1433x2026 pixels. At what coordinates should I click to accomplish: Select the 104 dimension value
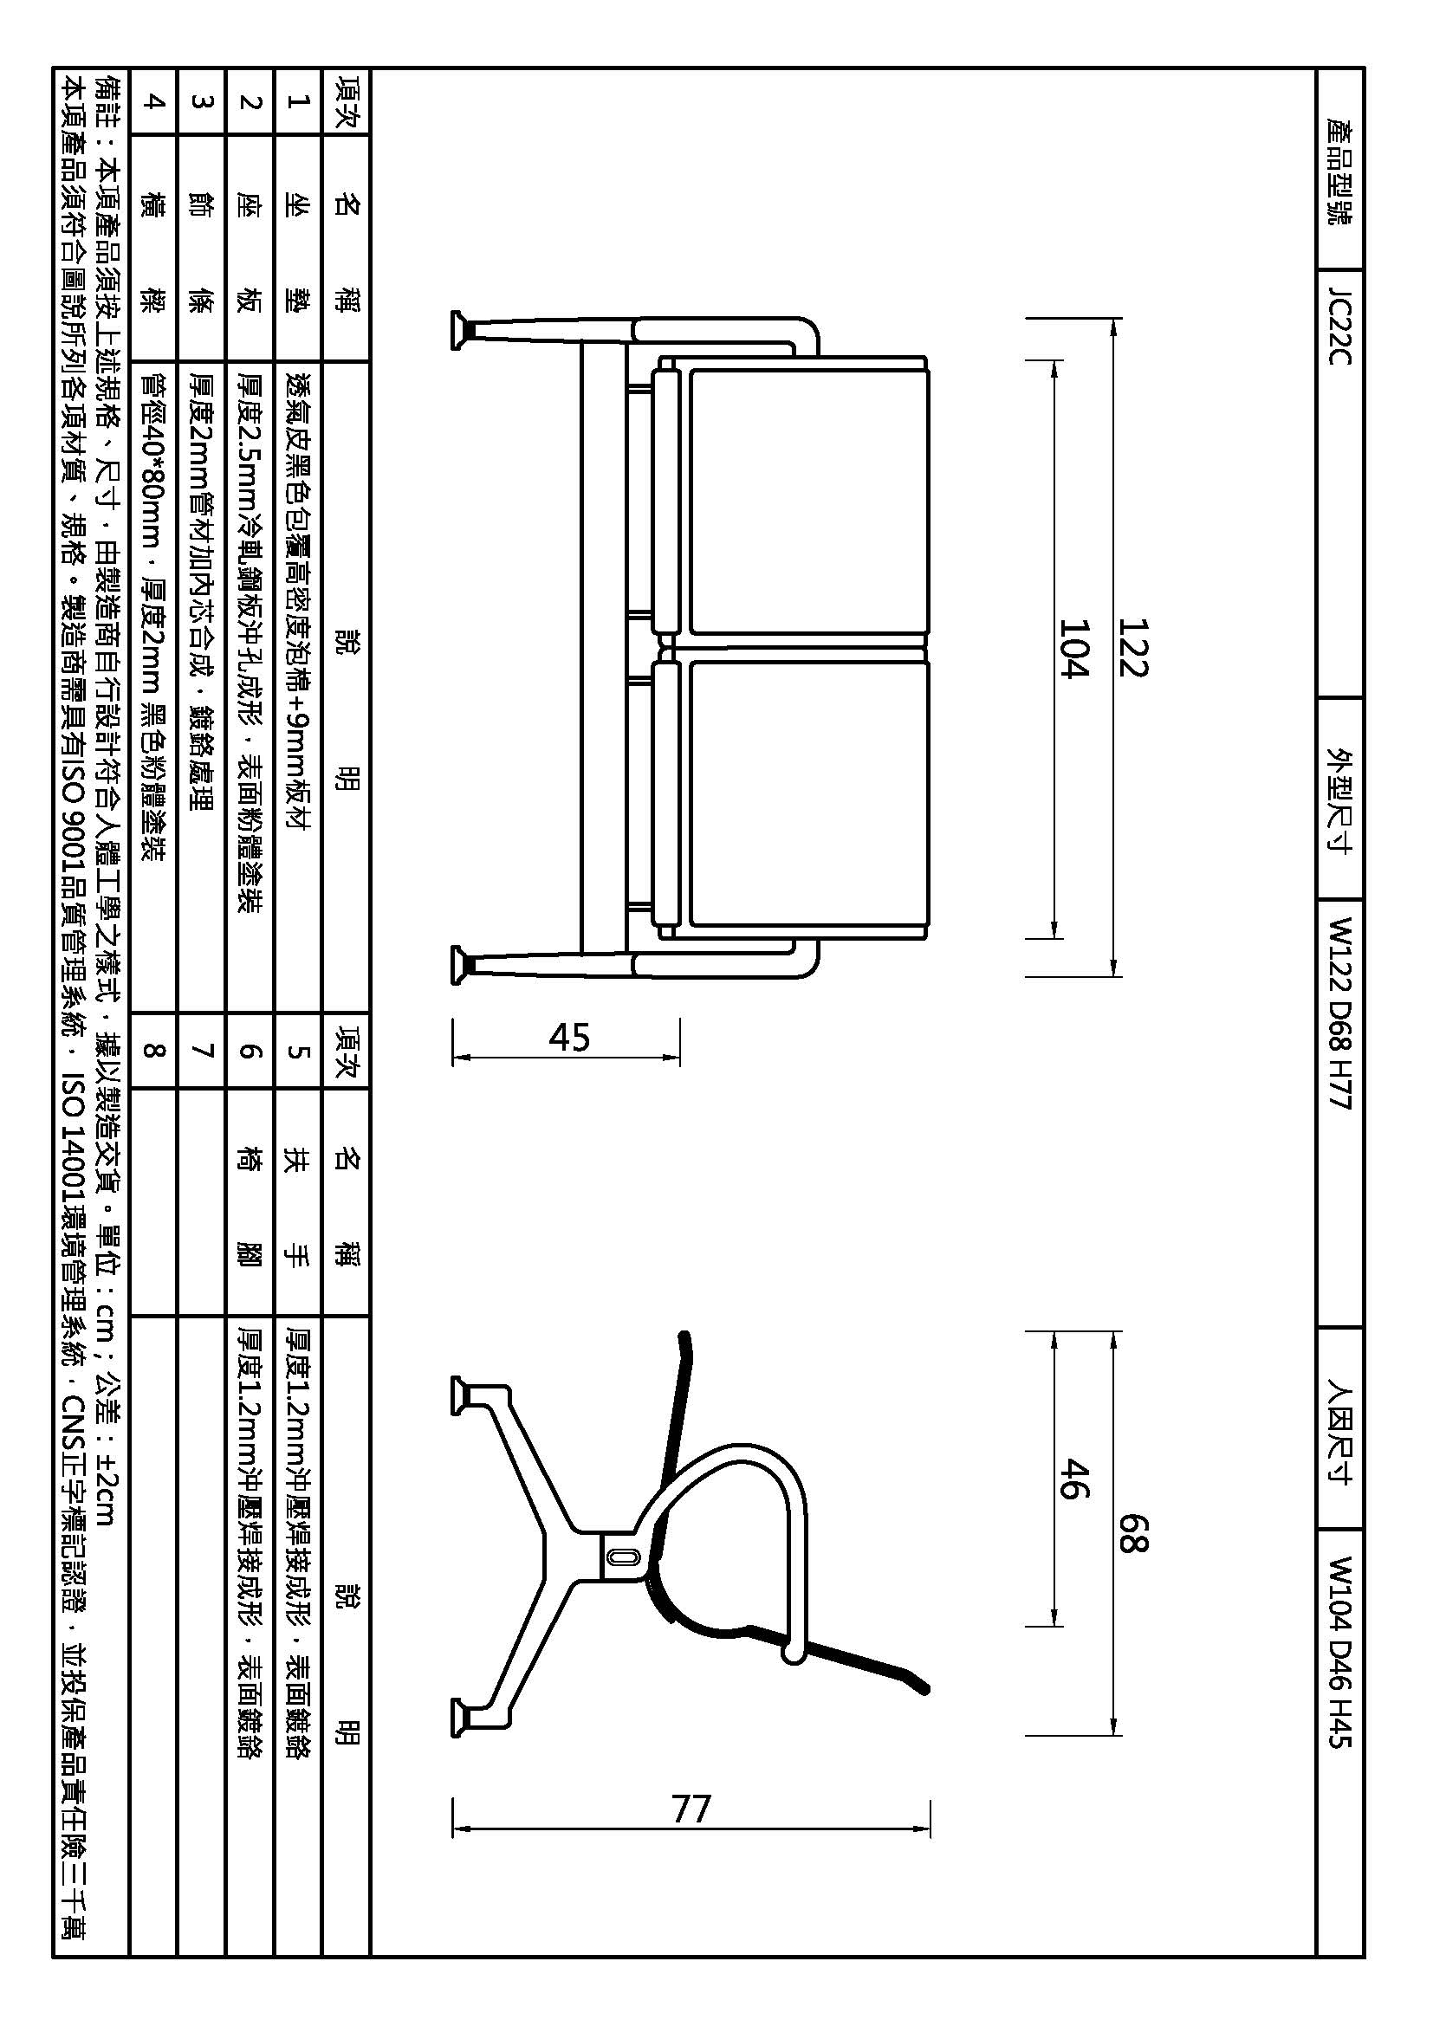1073,648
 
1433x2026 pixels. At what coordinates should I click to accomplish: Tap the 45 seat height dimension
569,1038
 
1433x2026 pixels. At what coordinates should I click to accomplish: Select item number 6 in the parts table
250,1051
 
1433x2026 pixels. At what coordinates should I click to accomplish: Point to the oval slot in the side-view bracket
621,1558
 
